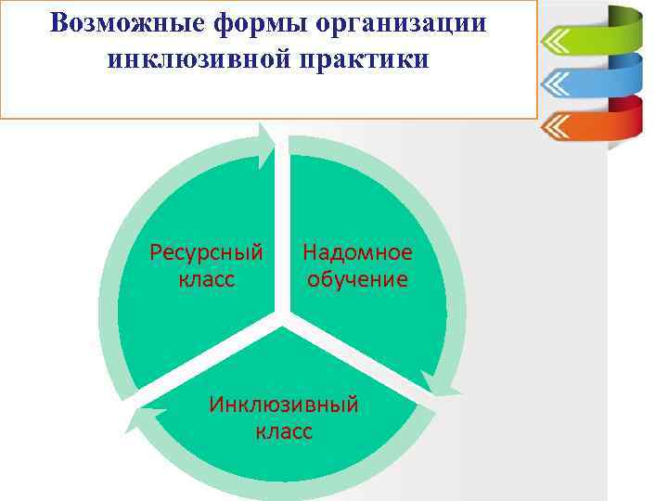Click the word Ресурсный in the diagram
[206, 252]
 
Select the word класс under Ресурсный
[206, 279]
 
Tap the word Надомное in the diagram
[357, 252]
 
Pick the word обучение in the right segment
[357, 279]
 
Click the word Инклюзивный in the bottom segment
[283, 405]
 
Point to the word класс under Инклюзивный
[283, 431]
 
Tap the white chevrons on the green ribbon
[555, 41]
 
